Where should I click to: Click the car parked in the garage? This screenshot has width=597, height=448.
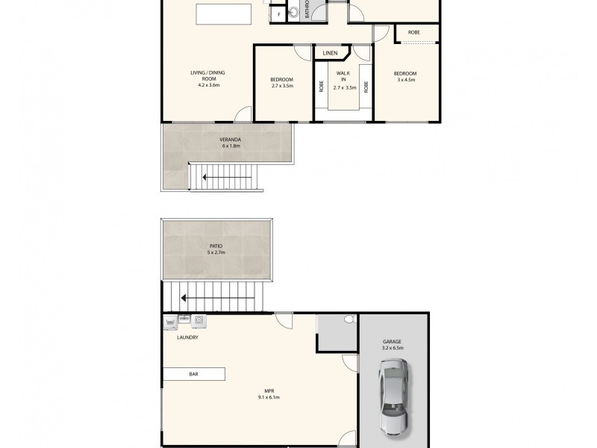tap(393, 396)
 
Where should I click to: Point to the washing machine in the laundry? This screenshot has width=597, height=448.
tap(199, 321)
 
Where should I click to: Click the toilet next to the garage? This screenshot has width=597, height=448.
tap(348, 320)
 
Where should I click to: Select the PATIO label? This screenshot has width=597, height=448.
tap(215, 246)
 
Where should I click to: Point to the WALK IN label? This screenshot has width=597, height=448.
tap(343, 77)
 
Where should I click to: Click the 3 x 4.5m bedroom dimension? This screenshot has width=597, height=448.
tap(405, 79)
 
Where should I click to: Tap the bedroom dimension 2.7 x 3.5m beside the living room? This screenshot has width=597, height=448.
tap(282, 86)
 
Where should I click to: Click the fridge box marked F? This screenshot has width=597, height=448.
tap(278, 14)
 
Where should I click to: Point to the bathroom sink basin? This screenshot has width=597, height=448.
tap(293, 11)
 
